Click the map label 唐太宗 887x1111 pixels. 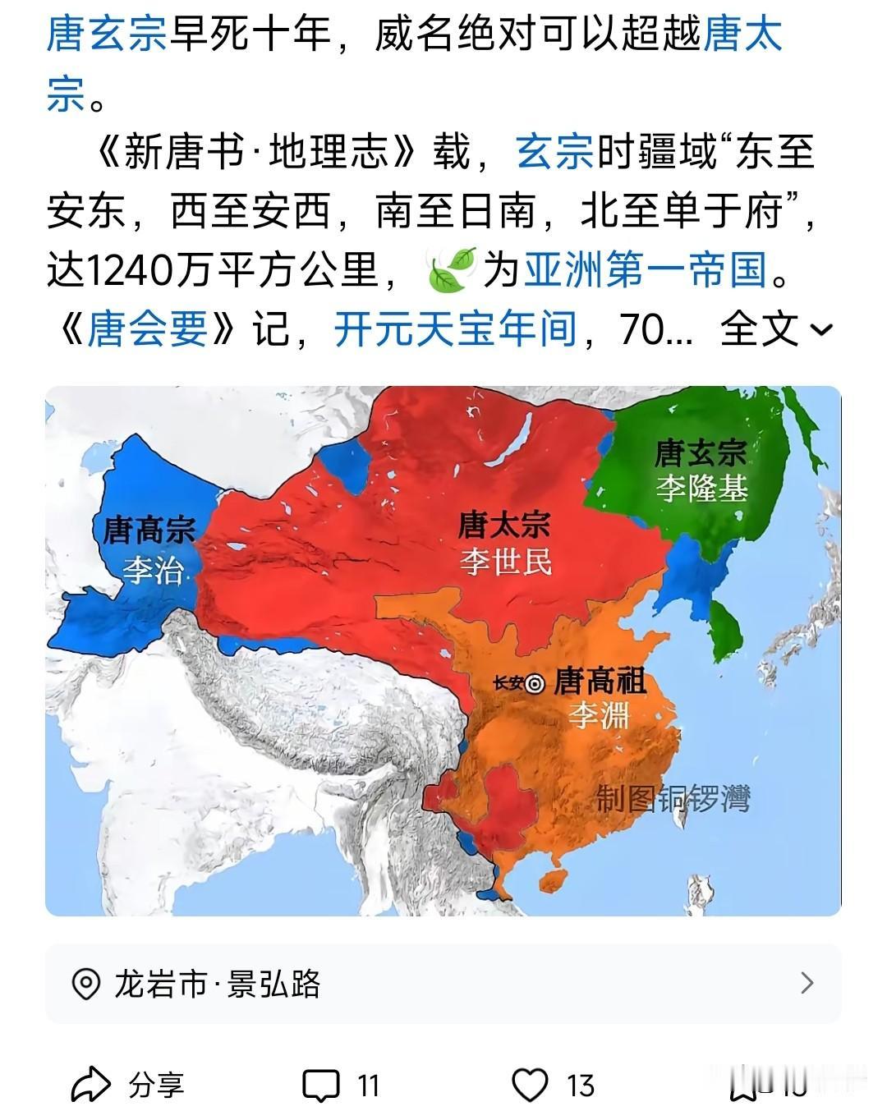(503, 525)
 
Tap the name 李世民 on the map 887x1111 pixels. (505, 562)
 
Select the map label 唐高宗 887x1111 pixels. (149, 530)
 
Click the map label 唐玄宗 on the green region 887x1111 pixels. (700, 453)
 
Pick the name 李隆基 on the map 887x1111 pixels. (701, 489)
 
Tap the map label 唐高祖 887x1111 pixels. (600, 681)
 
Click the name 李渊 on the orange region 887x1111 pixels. (600, 716)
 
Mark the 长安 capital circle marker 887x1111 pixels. (535, 683)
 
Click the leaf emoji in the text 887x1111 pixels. (452, 269)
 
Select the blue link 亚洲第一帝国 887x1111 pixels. (647, 269)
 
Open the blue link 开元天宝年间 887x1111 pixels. (455, 329)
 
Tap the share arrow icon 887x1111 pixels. (90, 1085)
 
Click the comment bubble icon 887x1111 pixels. (320, 1086)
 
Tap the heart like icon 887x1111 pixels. (530, 1085)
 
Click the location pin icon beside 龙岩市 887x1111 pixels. (85, 984)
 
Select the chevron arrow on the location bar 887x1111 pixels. (807, 983)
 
